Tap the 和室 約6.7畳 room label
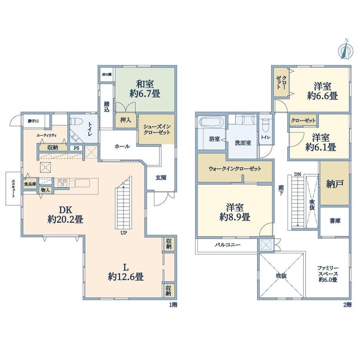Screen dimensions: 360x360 (x=145, y=89)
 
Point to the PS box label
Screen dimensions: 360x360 (x=76, y=148)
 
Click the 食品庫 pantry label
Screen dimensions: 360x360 (x=30, y=184)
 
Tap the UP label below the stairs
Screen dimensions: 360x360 (x=124, y=233)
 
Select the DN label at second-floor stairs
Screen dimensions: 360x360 (x=297, y=175)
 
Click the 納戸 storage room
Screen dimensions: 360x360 (x=335, y=184)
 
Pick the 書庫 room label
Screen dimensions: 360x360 (x=335, y=221)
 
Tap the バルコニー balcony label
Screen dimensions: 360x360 (x=228, y=245)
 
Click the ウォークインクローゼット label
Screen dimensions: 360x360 (x=235, y=169)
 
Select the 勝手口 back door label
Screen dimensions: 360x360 (x=33, y=121)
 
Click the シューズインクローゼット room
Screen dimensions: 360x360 (x=157, y=129)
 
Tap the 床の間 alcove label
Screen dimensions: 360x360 (x=107, y=74)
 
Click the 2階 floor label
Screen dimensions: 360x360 (x=347, y=305)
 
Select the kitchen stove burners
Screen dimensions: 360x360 (x=62, y=183)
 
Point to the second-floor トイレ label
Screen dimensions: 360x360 (x=266, y=137)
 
